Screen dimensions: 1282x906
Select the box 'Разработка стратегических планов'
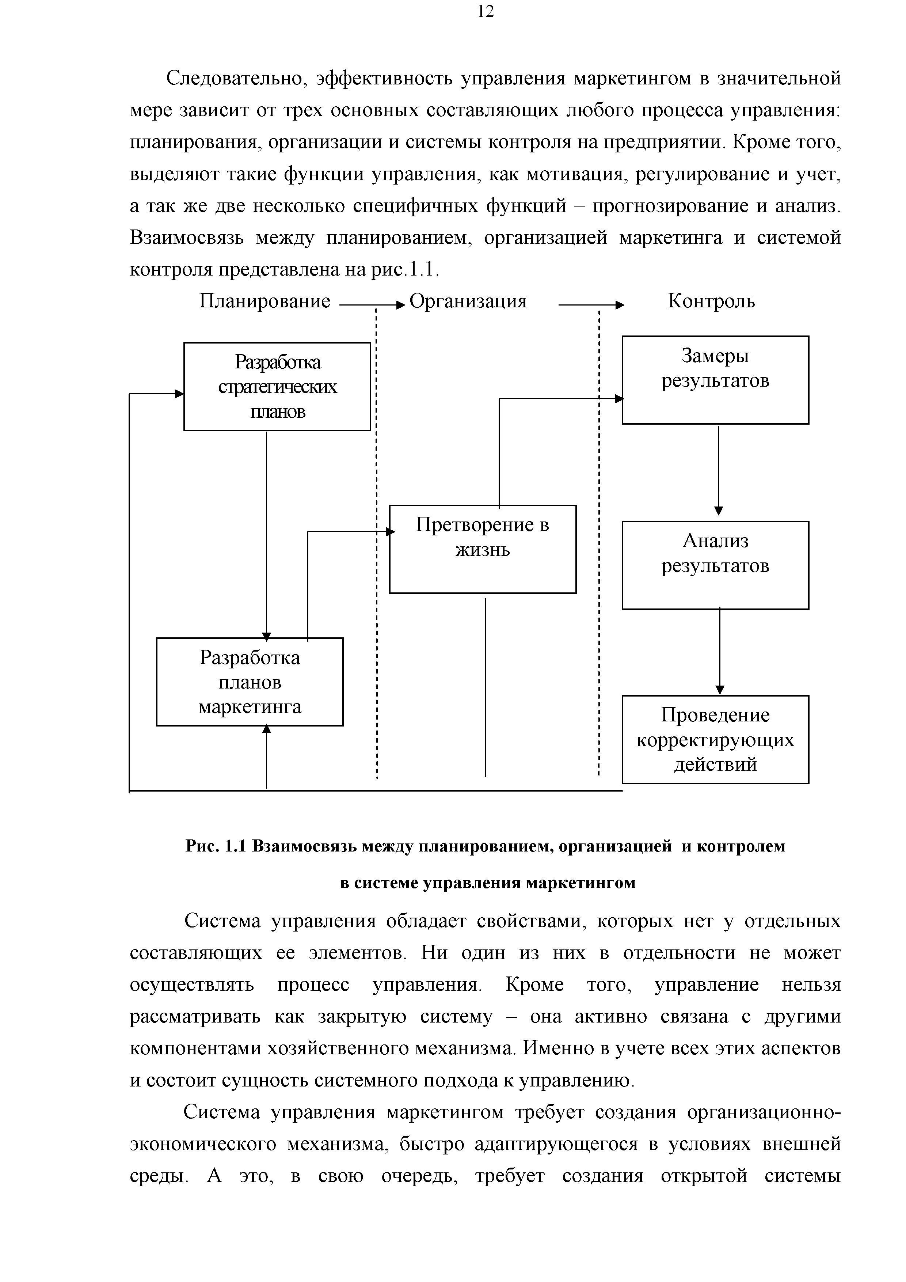click(277, 386)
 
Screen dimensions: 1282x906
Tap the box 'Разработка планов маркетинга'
click(250, 682)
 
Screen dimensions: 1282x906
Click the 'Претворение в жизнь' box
click(482, 549)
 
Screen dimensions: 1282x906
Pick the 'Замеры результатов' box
click(715, 380)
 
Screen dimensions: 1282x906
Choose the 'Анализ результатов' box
click(715, 565)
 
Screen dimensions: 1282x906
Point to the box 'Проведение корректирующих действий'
click(715, 739)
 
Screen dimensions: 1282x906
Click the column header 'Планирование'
click(264, 301)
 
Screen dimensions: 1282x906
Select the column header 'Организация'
click(468, 301)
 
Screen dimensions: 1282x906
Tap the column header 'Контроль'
click(711, 301)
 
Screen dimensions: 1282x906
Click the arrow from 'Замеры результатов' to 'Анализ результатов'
click(719, 469)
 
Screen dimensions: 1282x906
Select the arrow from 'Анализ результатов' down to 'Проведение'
click(720, 651)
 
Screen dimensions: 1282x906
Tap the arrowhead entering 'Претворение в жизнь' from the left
click(391, 532)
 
